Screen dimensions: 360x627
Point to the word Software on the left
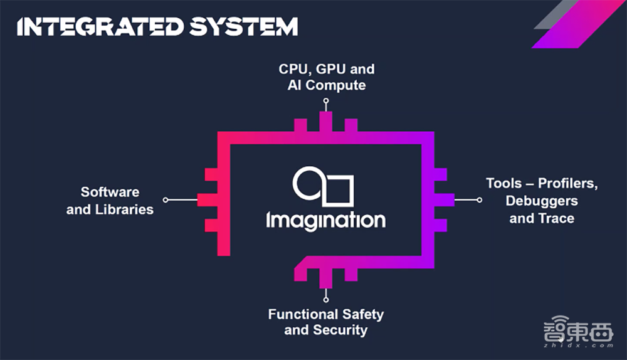(110, 192)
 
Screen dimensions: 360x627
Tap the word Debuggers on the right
(542, 201)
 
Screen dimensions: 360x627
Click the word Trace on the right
(557, 218)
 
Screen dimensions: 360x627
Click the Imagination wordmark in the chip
(325, 220)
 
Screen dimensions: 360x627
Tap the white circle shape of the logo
(308, 183)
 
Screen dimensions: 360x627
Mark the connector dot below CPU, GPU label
(326, 100)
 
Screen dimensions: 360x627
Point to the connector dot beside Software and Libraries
(166, 200)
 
